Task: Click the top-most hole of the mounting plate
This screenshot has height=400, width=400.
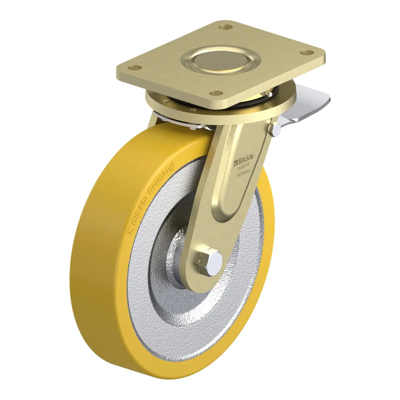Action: [x=226, y=27]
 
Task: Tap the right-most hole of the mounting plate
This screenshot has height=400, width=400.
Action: [x=307, y=52]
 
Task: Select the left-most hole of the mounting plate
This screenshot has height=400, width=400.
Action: [x=135, y=67]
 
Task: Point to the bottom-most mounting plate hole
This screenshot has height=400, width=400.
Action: [x=216, y=93]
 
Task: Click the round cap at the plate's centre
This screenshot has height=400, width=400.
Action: [x=221, y=61]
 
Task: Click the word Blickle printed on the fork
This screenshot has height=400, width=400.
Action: [x=246, y=159]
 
